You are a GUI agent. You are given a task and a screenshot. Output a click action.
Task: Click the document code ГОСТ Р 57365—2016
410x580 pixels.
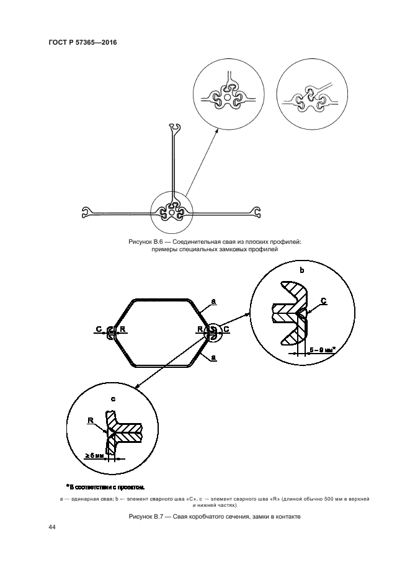tap(83, 42)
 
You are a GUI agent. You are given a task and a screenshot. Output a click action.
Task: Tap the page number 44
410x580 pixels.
tap(51, 527)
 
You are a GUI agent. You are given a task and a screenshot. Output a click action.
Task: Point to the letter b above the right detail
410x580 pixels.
tap(302, 270)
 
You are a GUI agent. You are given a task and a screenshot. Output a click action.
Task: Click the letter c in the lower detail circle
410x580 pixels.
tap(113, 399)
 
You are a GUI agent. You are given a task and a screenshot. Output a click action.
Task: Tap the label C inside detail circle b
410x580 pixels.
tap(324, 301)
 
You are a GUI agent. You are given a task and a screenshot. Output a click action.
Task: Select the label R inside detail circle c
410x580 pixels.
tap(90, 420)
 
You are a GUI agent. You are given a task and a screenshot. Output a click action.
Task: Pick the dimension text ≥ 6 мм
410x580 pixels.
tap(94, 456)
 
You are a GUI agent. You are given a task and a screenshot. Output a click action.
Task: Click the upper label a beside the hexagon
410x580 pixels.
tap(214, 302)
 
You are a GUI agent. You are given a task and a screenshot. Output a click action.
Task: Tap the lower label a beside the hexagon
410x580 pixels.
tap(214, 358)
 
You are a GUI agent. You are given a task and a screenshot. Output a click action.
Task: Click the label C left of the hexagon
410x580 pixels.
tap(99, 329)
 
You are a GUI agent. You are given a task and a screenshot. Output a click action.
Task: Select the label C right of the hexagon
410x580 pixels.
tap(226, 329)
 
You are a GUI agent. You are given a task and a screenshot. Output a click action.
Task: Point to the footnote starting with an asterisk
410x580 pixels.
tap(105, 487)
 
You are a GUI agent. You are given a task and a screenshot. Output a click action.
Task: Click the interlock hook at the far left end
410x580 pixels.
tap(86, 212)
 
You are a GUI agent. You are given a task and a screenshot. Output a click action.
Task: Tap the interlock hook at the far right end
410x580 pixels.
tap(256, 212)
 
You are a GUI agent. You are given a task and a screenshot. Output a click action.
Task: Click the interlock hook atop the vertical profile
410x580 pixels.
tap(174, 127)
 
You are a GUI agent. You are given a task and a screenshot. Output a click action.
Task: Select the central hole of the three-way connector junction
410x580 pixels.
tap(172, 213)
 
